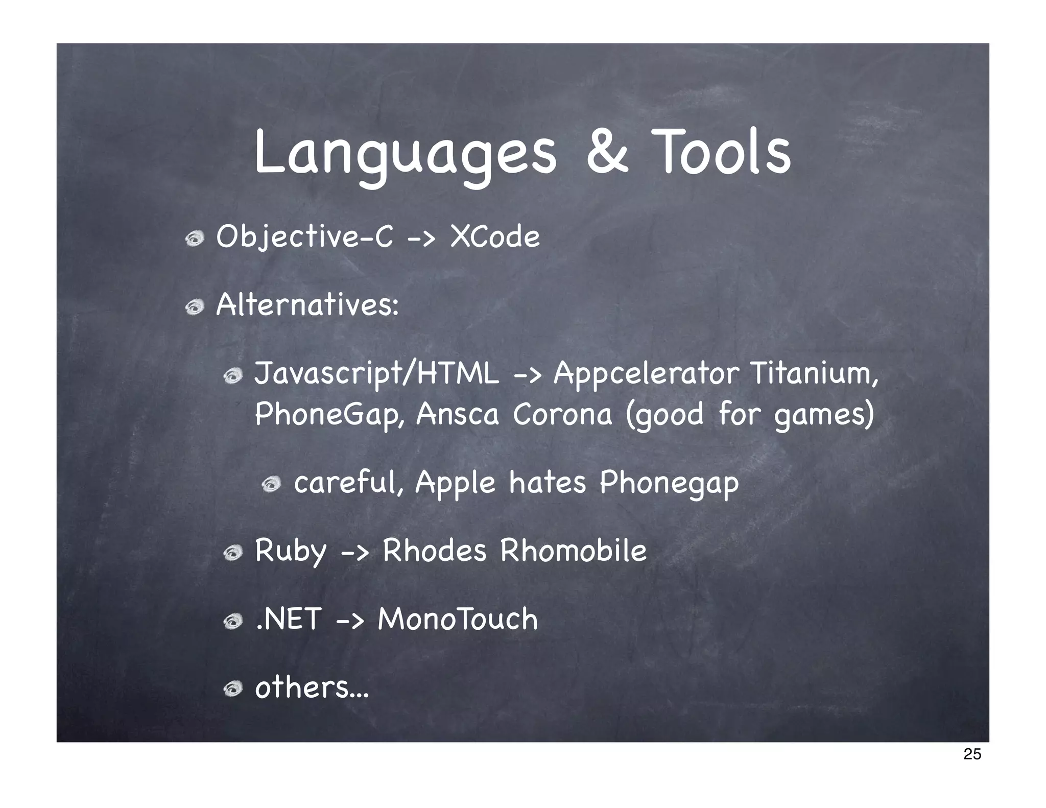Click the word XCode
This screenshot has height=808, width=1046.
coord(494,237)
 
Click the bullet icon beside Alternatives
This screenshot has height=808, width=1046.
coord(195,307)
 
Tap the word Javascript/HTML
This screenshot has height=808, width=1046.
coord(376,374)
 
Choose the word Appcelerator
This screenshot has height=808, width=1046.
coord(647,374)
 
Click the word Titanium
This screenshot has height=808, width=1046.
coord(814,373)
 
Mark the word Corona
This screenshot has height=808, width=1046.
coord(562,414)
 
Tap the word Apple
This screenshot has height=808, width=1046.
coord(455,483)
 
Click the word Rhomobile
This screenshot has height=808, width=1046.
coord(573,551)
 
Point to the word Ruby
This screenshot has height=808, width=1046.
coord(290,552)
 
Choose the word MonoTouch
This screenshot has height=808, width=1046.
coord(458,619)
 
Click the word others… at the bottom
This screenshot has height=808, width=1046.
coord(312,687)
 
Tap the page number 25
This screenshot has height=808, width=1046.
coord(972,754)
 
